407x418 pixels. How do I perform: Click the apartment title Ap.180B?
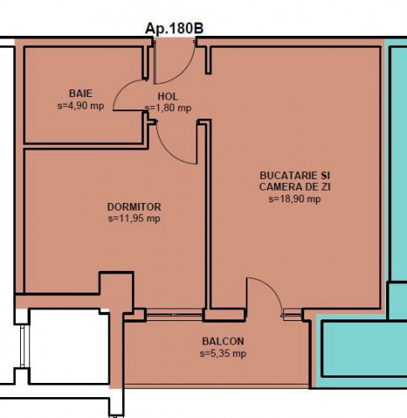tap(175, 28)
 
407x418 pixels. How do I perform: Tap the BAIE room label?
tap(80, 94)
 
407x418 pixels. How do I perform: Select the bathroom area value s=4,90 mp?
tap(80, 106)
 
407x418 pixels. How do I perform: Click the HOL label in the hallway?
tap(168, 96)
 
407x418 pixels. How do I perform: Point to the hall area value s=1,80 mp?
tap(168, 108)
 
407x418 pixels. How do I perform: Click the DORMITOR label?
tap(134, 207)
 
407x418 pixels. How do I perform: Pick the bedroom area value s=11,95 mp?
tap(134, 218)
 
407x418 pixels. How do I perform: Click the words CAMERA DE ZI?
tap(295, 186)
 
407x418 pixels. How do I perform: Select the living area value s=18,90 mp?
tap(295, 199)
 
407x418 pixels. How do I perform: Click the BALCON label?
tap(223, 341)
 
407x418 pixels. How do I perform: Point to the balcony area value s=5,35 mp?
tap(223, 354)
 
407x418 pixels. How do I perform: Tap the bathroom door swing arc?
tap(123, 86)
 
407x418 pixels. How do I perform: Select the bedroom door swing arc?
tap(169, 152)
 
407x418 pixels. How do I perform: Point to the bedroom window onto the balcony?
tap(175, 315)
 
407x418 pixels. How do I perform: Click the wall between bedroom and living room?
tap(208, 215)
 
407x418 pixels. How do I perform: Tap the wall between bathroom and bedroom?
tap(86, 146)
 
